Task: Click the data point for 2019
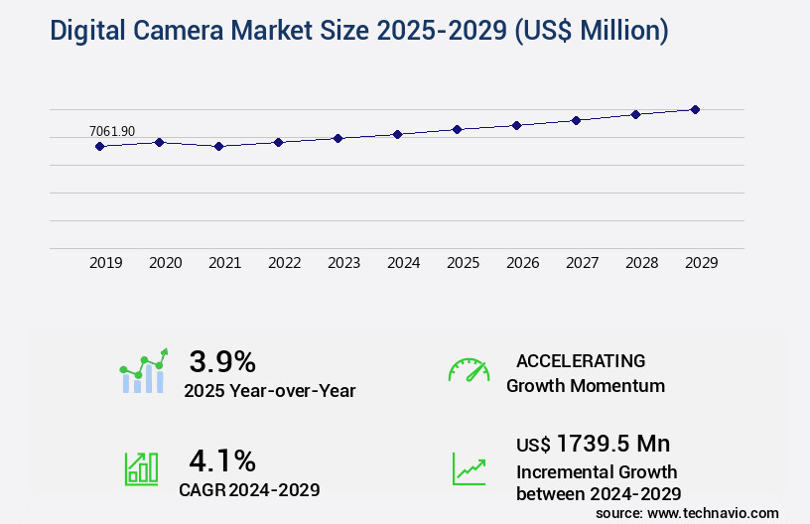pos(99,146)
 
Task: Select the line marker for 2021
pos(218,146)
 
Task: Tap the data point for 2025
pos(457,129)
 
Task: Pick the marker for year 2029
pos(695,109)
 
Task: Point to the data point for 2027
pos(576,120)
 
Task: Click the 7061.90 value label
pos(112,131)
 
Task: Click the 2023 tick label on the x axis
pos(343,263)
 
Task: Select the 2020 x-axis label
pos(165,263)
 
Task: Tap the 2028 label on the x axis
pos(641,263)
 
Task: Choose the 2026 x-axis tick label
pos(522,263)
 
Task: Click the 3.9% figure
pos(222,361)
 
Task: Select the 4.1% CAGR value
pos(222,460)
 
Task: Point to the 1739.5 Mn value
pos(612,443)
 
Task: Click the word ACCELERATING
pos(581,361)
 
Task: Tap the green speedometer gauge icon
pos(469,370)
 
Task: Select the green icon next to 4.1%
pos(141,468)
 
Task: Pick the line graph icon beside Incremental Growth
pos(469,468)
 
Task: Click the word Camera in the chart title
pos(172,31)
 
